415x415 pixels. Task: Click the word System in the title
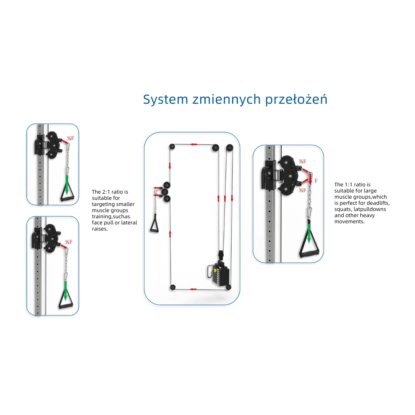pos(165,100)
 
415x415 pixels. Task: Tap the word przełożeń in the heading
pos(296,100)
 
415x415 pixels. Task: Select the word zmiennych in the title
pos(227,99)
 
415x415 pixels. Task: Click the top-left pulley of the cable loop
pos(172,146)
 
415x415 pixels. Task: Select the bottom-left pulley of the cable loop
pos(173,287)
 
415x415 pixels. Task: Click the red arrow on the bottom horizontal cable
pos(193,289)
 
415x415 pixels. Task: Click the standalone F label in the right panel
pos(316,181)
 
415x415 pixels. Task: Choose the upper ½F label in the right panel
pos(302,161)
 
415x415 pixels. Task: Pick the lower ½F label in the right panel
pos(302,190)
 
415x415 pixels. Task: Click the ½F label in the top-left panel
pos(71,138)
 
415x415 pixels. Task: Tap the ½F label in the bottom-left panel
pos(69,242)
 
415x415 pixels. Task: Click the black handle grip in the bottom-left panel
pos(66,307)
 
